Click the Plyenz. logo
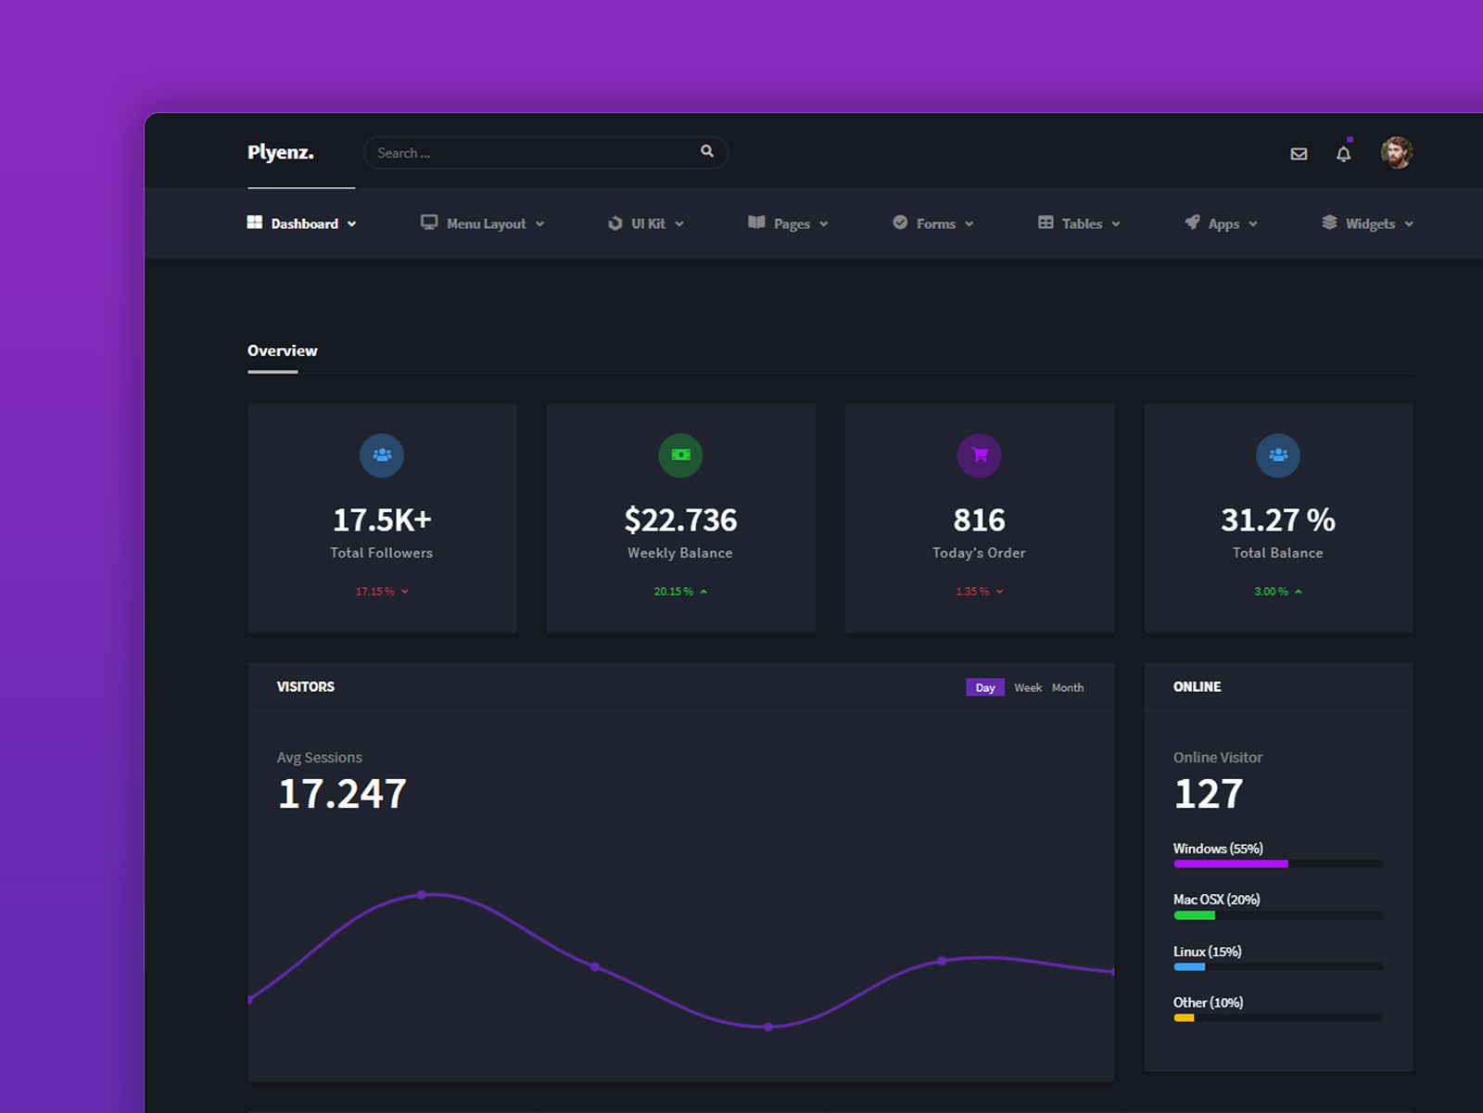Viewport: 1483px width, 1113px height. (280, 153)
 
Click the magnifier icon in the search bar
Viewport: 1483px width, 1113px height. (707, 151)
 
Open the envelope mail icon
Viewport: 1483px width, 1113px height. (1299, 154)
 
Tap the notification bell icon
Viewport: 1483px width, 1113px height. (1343, 154)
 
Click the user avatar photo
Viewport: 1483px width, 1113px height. (1396, 153)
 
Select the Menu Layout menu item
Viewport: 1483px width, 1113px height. (483, 224)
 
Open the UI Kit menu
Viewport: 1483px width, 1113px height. (647, 224)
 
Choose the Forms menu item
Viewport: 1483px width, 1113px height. (934, 224)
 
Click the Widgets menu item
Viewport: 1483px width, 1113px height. (1368, 224)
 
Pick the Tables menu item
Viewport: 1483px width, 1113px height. (1080, 224)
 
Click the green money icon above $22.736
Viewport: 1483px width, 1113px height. (680, 455)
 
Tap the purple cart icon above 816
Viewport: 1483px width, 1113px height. (979, 455)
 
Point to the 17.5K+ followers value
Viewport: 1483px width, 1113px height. (382, 520)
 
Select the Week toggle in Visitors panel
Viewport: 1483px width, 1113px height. (1027, 688)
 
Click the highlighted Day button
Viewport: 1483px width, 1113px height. (984, 688)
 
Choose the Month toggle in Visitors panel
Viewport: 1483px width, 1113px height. (1067, 688)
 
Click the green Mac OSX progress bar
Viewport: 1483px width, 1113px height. (1194, 915)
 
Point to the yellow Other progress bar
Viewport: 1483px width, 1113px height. (1184, 1018)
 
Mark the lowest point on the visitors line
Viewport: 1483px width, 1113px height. (768, 1027)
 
